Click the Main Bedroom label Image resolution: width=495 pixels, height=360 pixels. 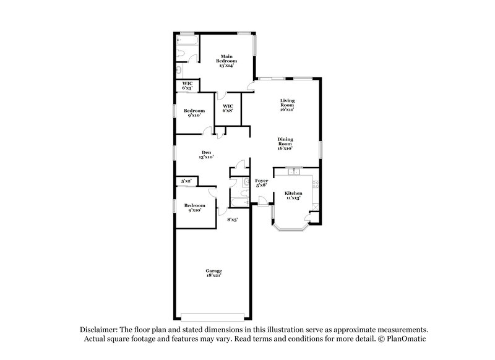coord(226,61)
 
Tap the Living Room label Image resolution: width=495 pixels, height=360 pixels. coord(286,105)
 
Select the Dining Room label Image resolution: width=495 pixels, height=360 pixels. coord(285,144)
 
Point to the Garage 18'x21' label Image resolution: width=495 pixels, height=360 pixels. coord(214,273)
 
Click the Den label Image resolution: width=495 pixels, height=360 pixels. coord(206,155)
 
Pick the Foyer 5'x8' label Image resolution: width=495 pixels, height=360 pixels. coord(262,182)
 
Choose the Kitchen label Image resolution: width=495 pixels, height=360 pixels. coord(293,195)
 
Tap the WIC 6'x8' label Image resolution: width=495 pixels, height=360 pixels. coord(227,108)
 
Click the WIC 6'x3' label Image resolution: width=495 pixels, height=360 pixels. coord(187,87)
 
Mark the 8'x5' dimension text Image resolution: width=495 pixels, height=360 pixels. coord(233,220)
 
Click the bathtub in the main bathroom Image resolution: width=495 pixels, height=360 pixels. coord(186,41)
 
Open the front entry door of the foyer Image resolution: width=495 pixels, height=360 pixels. coord(262,199)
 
